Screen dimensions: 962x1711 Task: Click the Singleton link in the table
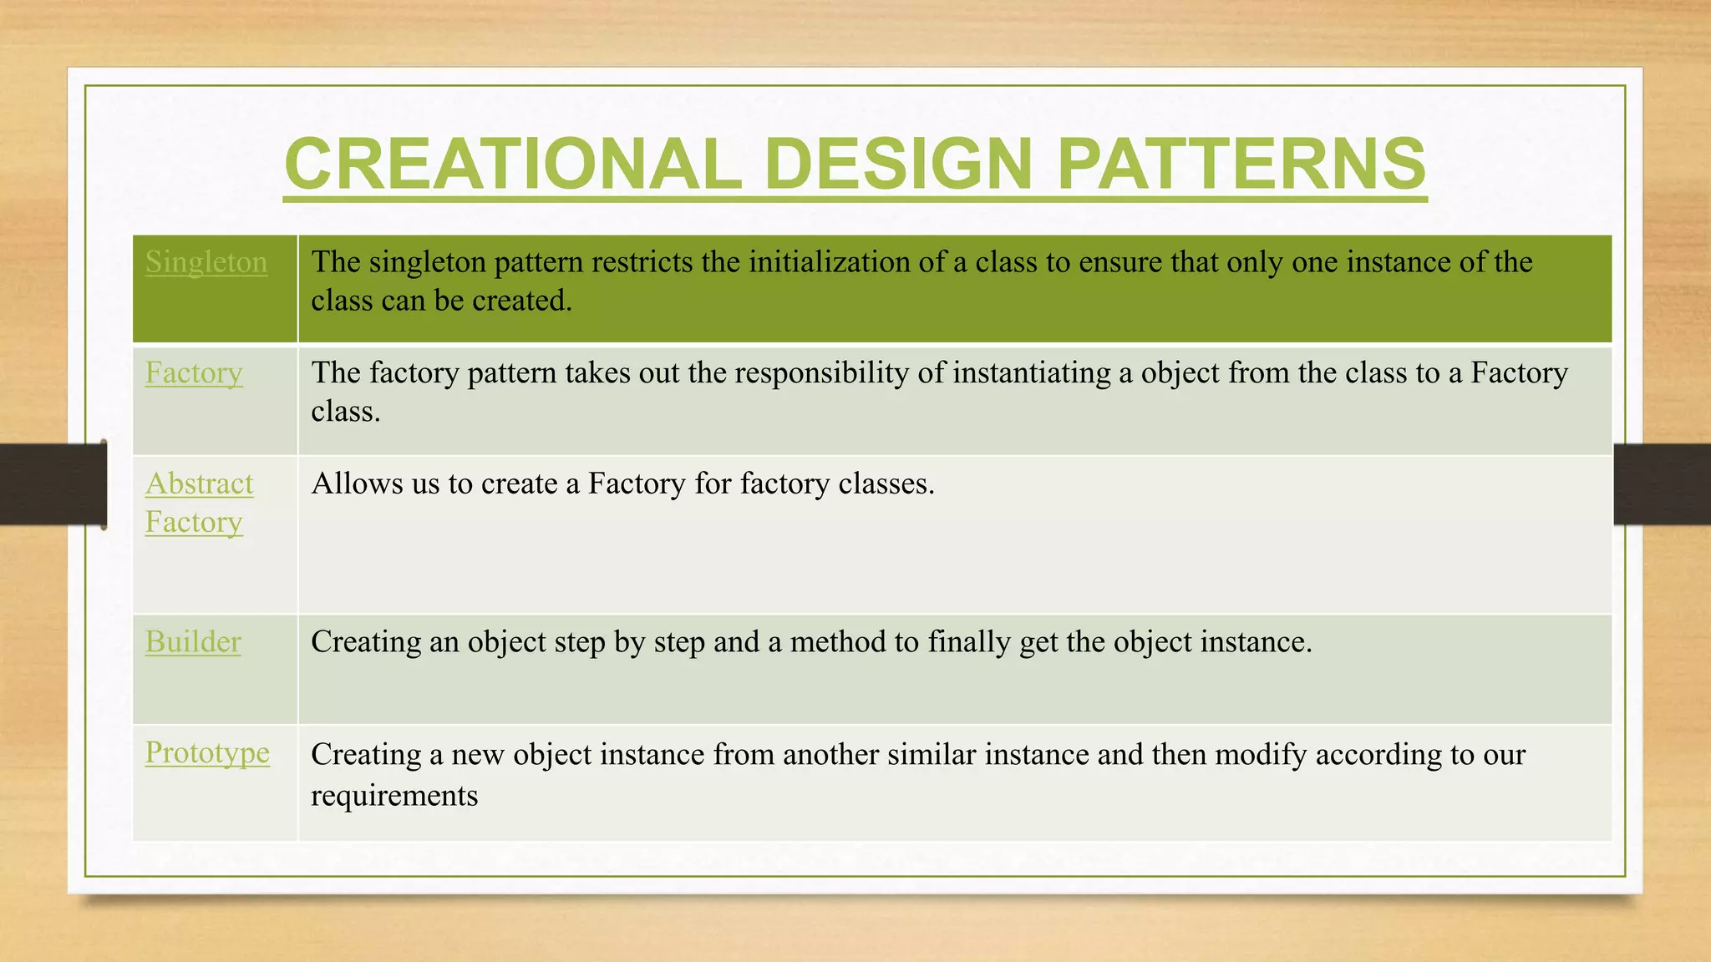(206, 262)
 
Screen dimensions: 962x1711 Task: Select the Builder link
(193, 641)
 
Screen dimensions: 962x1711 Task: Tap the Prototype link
(207, 752)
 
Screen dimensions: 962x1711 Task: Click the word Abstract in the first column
(199, 484)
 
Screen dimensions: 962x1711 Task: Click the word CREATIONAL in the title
(512, 164)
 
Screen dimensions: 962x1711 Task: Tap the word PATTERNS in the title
(1241, 164)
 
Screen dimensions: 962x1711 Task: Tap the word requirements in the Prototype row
(394, 796)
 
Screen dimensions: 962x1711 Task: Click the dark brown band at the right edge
(1661, 484)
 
